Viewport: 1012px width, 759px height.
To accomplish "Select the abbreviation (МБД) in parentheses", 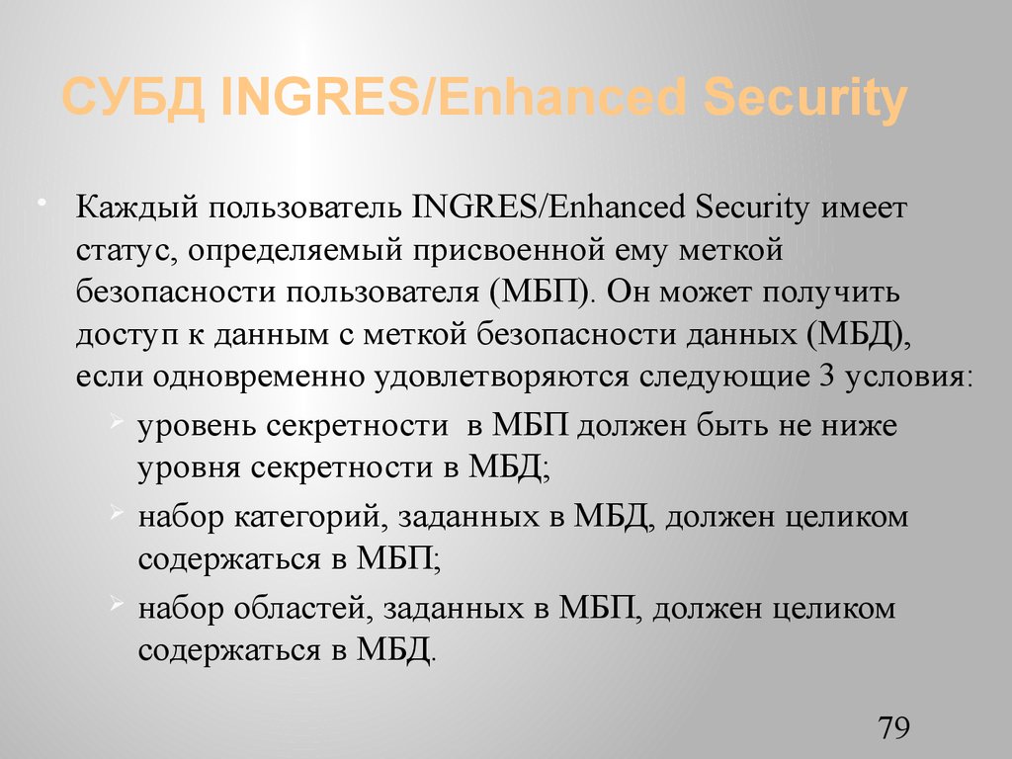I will [857, 336].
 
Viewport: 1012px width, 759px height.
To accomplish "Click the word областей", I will [300, 608].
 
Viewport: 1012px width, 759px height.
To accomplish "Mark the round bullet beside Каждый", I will [42, 204].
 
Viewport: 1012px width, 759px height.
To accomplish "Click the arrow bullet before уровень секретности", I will [118, 423].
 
